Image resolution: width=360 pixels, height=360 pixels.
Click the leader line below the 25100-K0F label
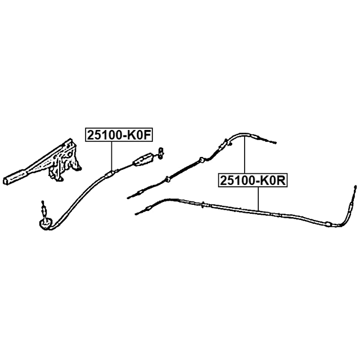tap(112, 155)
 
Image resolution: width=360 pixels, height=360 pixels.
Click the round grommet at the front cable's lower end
tap(45, 224)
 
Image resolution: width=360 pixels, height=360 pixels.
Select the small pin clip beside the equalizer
tap(160, 151)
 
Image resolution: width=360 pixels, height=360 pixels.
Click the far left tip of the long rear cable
tap(137, 213)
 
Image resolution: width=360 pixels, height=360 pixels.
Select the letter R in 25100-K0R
tap(282, 180)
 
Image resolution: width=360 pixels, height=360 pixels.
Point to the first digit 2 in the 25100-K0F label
tap(89, 134)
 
